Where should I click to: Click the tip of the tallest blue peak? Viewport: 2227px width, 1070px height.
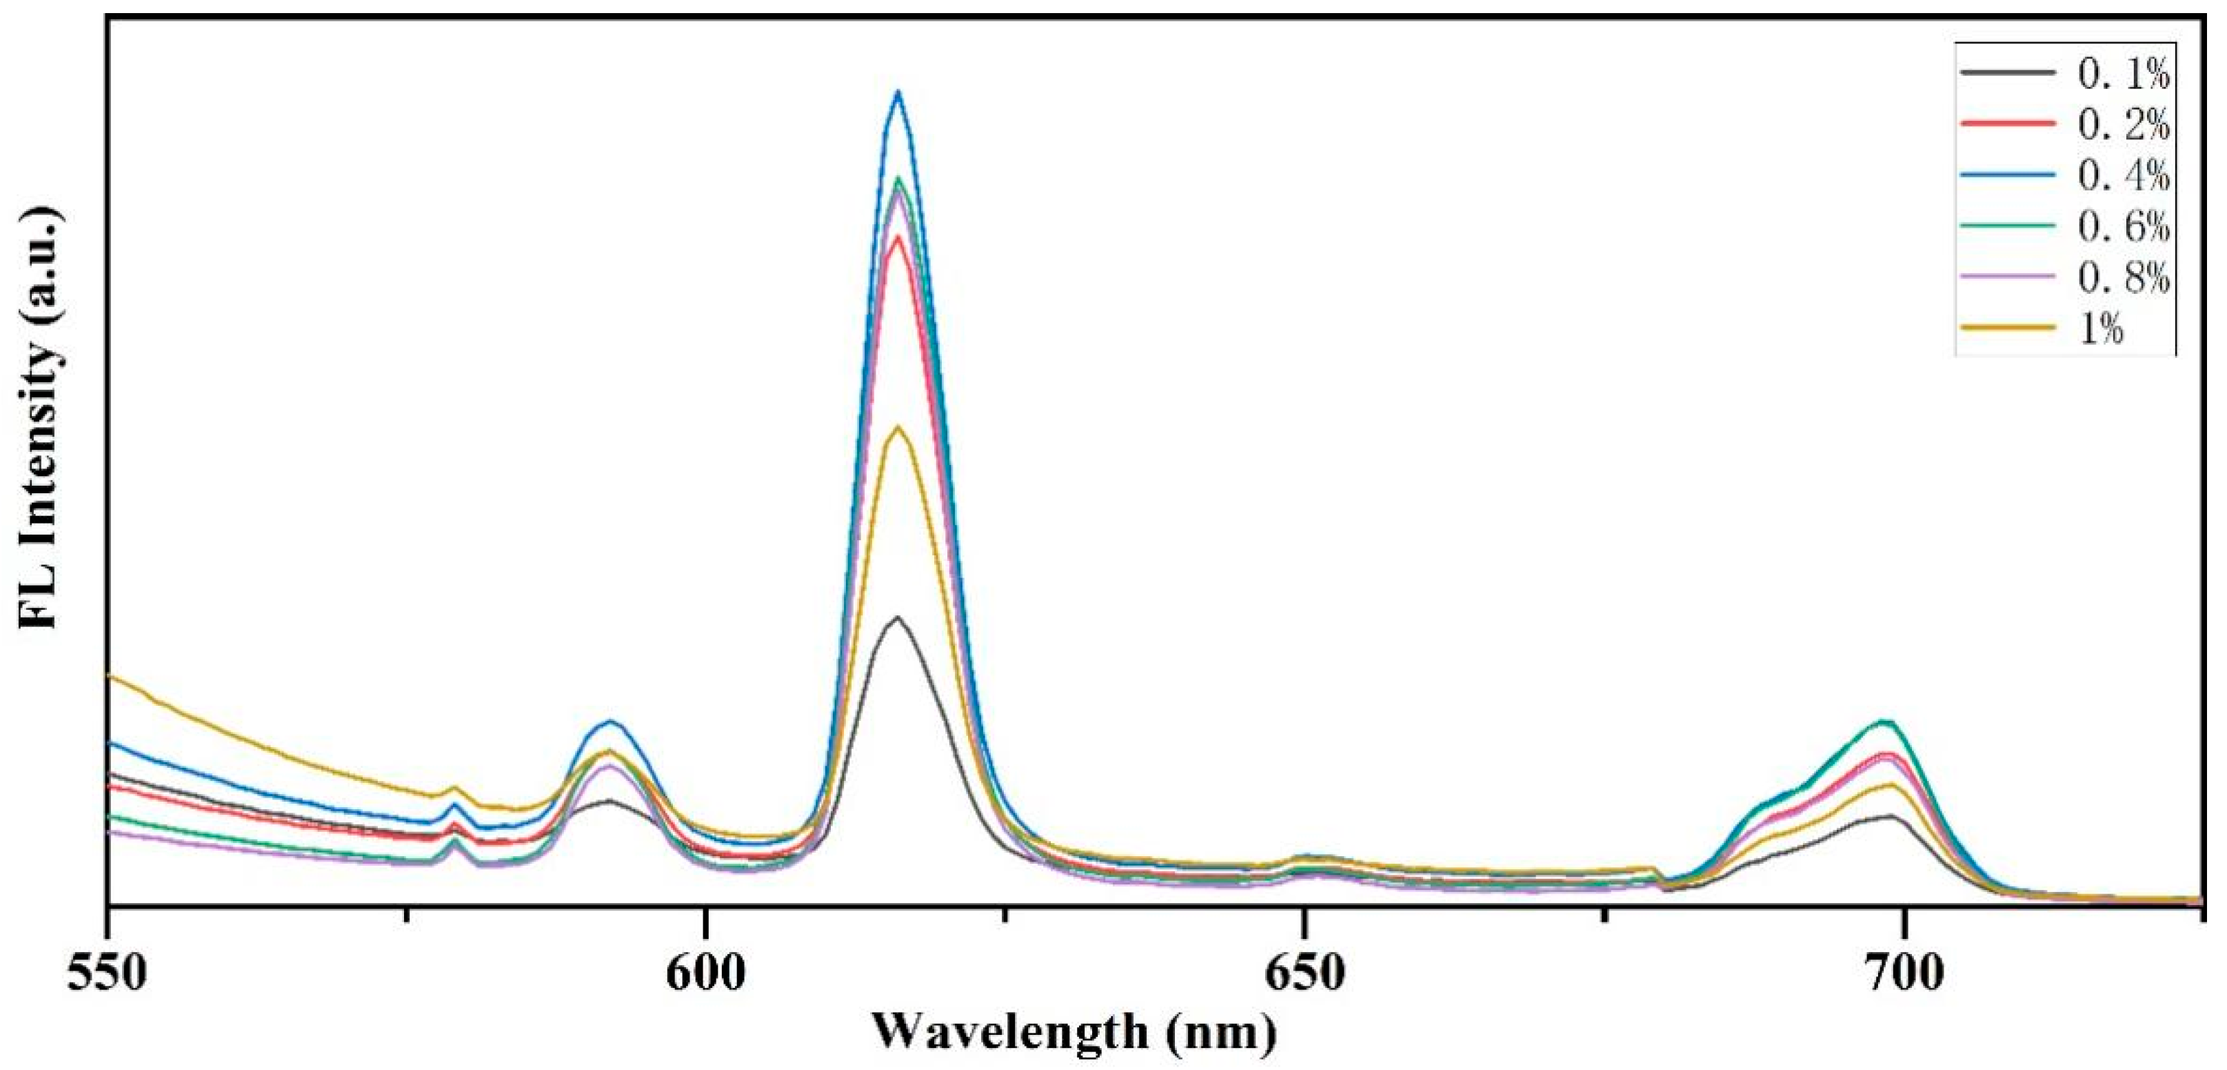(x=898, y=92)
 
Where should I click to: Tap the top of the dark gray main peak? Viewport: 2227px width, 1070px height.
(x=898, y=617)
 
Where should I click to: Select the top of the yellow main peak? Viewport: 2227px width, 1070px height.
(x=898, y=426)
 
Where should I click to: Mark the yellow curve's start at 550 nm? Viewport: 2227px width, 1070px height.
(x=110, y=675)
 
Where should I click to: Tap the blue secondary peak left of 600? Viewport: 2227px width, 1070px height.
(x=611, y=722)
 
